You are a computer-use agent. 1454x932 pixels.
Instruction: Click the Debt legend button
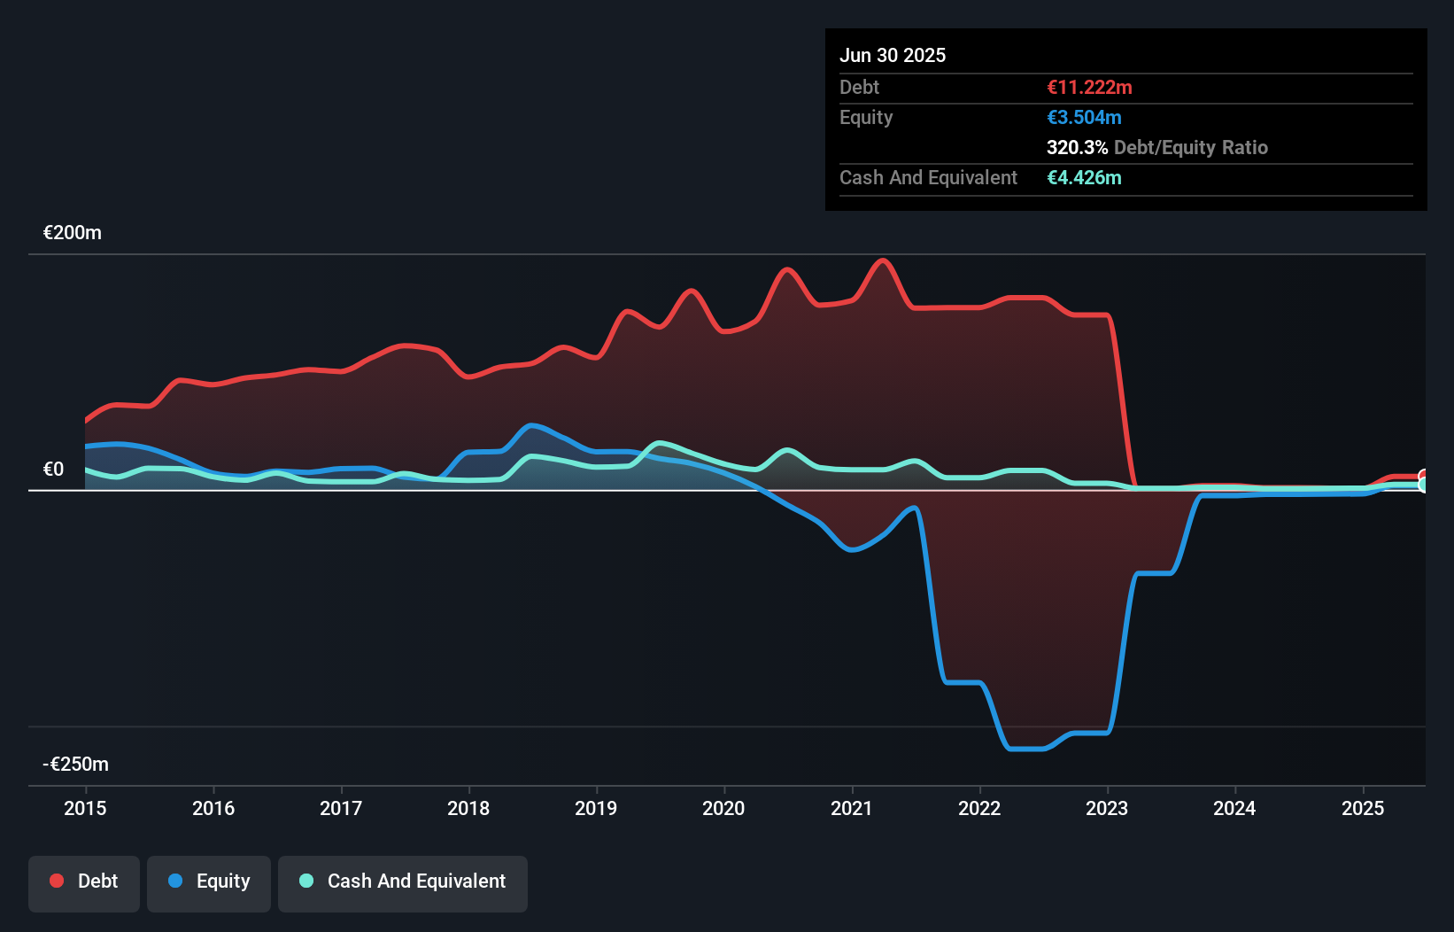tap(84, 882)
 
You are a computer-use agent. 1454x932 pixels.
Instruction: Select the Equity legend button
tap(209, 882)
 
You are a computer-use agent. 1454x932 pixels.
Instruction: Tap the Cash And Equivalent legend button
tap(403, 882)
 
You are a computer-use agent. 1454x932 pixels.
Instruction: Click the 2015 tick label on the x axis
tap(85, 808)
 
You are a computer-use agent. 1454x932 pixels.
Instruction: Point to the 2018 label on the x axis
tap(468, 808)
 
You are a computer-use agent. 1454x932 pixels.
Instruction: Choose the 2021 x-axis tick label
tap(851, 808)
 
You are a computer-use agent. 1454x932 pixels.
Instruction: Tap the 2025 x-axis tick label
tap(1362, 808)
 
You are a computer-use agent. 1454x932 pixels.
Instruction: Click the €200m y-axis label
tap(72, 233)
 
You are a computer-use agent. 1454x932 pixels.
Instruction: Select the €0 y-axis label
tap(53, 470)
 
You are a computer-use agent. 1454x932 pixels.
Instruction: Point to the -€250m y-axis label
tap(76, 764)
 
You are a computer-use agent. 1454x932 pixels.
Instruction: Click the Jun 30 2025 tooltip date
tap(893, 56)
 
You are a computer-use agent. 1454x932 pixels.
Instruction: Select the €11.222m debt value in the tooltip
tap(1089, 88)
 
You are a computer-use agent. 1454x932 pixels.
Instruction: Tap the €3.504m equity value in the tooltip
tap(1084, 118)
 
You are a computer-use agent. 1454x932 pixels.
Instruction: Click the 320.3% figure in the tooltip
tap(1077, 148)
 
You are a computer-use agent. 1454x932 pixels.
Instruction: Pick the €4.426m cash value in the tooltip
tap(1084, 178)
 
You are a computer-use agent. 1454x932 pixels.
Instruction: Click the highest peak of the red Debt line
tap(883, 260)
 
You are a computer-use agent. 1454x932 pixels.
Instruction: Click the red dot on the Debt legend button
tap(57, 882)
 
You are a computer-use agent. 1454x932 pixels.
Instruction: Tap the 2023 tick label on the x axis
tap(1107, 808)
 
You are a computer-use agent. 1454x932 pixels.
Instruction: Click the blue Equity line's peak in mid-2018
tap(531, 425)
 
